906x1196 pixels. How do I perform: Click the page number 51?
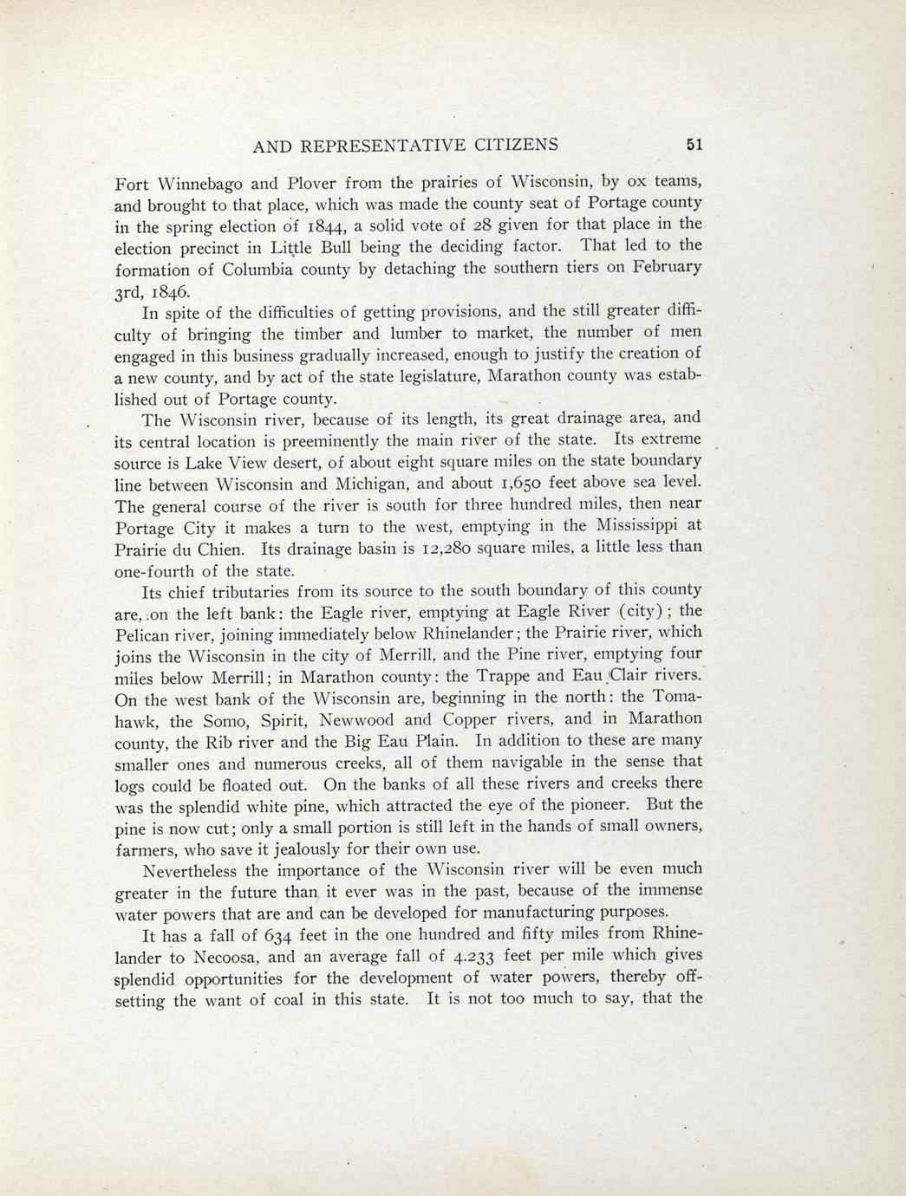click(x=693, y=146)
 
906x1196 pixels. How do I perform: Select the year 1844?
click(x=329, y=227)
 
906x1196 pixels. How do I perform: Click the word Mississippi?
click(x=637, y=525)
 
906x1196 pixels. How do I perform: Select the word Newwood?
click(x=357, y=719)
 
